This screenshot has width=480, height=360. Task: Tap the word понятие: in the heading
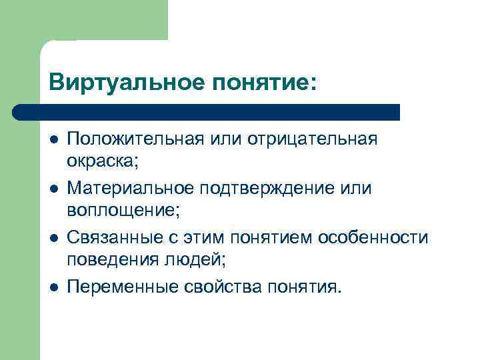tap(261, 83)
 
